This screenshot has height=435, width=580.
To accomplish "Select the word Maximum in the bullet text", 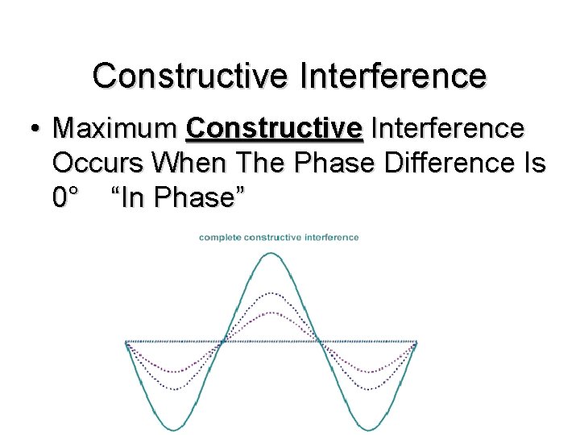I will (114, 128).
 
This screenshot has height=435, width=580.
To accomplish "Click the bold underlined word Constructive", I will (274, 128).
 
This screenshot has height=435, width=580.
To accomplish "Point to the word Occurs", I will (99, 163).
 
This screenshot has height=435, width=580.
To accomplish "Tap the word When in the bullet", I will (188, 163).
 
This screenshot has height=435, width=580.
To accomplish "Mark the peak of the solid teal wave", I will (271, 255).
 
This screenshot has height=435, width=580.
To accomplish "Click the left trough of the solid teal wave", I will (174, 426).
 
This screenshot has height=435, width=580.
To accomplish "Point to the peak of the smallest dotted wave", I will (271, 313).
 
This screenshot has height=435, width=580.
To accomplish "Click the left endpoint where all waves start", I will (126, 342).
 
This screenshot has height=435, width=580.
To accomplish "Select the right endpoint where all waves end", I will (416, 342).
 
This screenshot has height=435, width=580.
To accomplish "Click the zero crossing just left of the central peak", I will (223, 342).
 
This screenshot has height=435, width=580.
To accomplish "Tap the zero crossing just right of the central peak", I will (320, 342).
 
